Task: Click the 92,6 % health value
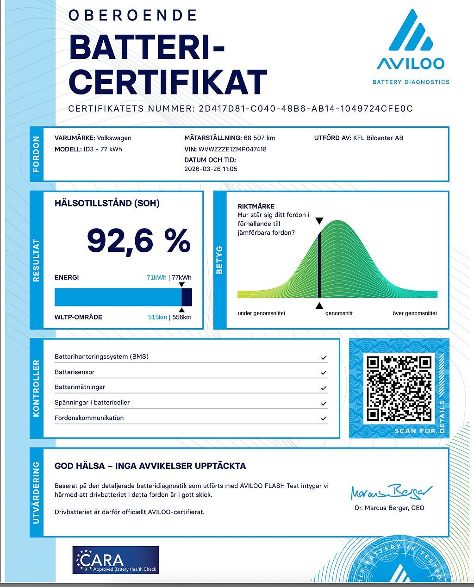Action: [x=138, y=241]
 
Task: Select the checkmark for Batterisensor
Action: [x=324, y=372]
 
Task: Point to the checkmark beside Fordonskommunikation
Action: [x=324, y=418]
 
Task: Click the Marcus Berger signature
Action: [x=391, y=492]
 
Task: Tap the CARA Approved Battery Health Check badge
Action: [x=116, y=560]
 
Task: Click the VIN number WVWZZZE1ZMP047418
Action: [x=232, y=149]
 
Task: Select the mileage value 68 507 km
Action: [x=259, y=138]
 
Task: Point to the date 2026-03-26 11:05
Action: [x=211, y=169]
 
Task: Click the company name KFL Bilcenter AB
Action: [x=378, y=138]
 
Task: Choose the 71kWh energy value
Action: [x=156, y=278]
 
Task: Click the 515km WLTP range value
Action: [x=157, y=318]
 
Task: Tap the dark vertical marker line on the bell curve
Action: [x=319, y=264]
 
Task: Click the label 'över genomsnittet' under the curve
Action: [x=414, y=313]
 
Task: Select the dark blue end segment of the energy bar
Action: [x=187, y=297]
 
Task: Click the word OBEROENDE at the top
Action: [x=133, y=15]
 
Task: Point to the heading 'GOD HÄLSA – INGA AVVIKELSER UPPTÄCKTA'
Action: [x=150, y=466]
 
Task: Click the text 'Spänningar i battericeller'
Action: [x=92, y=403]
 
